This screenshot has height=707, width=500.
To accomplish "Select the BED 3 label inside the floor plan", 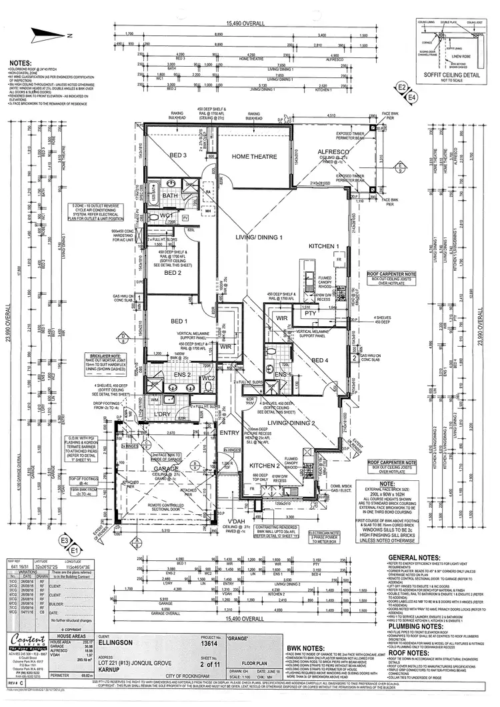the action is pyautogui.click(x=177, y=155).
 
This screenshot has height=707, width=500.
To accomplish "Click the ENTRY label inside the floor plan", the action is pyautogui.click(x=229, y=434).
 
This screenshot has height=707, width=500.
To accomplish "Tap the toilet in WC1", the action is pyautogui.click(x=151, y=217).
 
